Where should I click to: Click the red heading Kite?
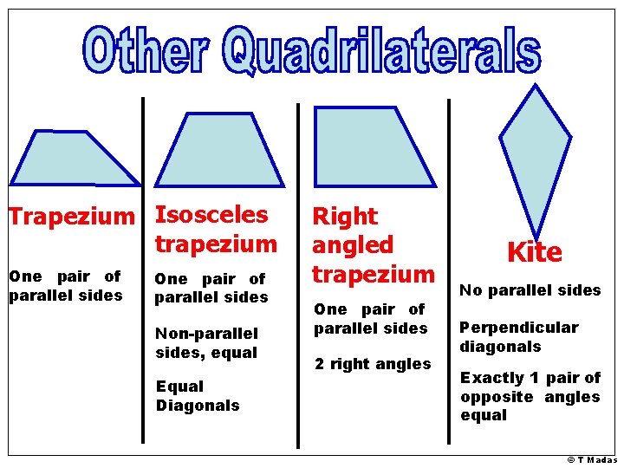click(x=535, y=252)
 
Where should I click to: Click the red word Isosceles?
click(x=211, y=214)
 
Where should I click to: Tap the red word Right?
click(x=345, y=216)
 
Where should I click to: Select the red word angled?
click(x=353, y=245)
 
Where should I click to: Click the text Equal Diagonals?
click(x=198, y=396)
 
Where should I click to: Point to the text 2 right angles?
click(x=373, y=364)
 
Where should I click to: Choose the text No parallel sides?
click(x=530, y=290)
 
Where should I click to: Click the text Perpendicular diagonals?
click(x=518, y=337)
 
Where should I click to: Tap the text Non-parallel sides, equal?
click(x=206, y=343)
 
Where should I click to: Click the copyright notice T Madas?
click(x=592, y=459)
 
